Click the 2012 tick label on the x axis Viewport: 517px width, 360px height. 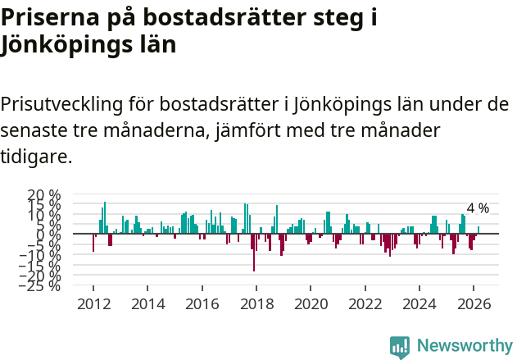point(93,303)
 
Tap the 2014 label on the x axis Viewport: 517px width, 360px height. point(147,303)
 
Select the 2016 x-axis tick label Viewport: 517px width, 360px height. point(202,303)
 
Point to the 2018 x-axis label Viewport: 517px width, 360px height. point(256,303)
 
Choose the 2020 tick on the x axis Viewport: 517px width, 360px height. point(311,303)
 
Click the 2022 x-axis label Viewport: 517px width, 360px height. point(365,303)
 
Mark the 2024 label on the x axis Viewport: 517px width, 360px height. point(420,303)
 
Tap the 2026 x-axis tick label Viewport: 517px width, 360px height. point(474,303)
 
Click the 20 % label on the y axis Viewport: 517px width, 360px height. point(44,196)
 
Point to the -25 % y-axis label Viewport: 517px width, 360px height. point(42,286)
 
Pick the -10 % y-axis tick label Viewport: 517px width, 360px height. point(42,256)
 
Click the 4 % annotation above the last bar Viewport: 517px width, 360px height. point(478,208)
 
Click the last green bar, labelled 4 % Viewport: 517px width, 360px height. point(478,230)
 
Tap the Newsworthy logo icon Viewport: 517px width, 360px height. point(400,347)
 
